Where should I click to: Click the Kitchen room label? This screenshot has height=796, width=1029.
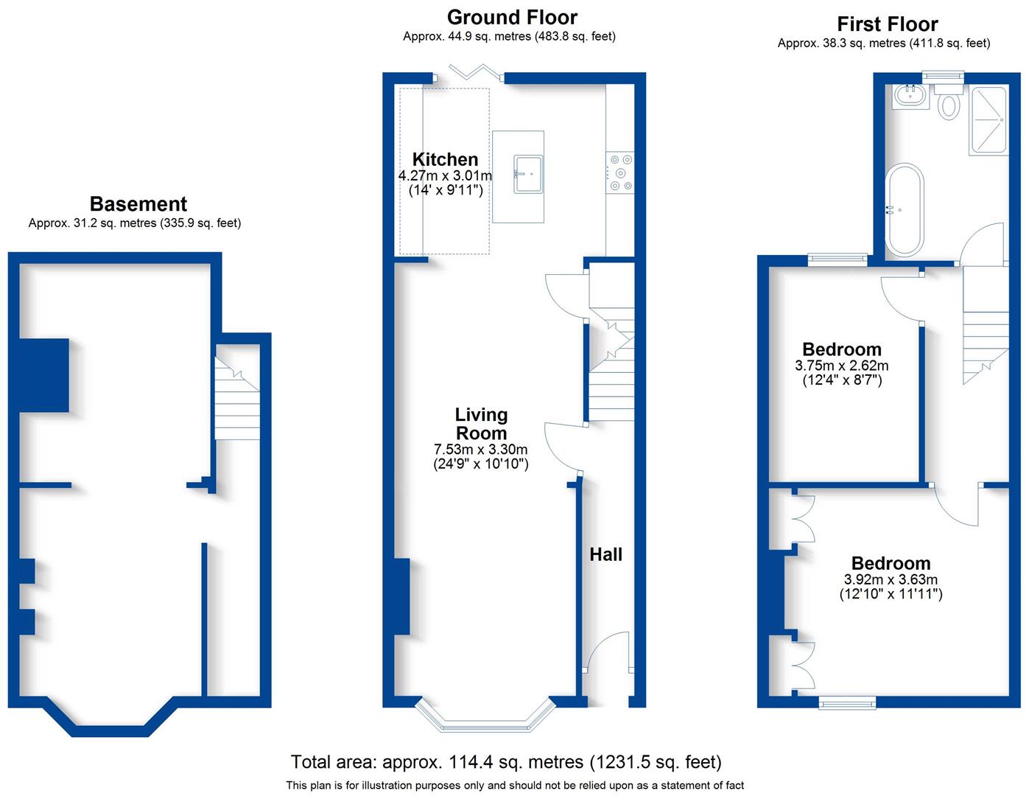[445, 159]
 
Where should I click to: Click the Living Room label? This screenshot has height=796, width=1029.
[481, 424]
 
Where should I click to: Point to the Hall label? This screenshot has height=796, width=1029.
[605, 554]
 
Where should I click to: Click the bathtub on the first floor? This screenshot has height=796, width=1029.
[904, 210]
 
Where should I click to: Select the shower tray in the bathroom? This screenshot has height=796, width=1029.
[988, 120]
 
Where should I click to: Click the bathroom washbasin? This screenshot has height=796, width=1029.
[910, 96]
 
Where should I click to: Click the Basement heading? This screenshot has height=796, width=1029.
[138, 204]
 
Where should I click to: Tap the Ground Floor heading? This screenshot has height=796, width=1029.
[512, 17]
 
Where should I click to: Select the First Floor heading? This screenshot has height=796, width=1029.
[888, 24]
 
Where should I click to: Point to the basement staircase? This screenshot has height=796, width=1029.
[237, 399]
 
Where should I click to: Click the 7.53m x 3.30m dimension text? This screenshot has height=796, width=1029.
[481, 449]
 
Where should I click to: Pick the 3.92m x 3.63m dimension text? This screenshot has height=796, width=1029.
[891, 579]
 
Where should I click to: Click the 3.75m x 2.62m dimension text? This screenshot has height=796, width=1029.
[841, 366]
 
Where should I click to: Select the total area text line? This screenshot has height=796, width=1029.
[506, 762]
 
